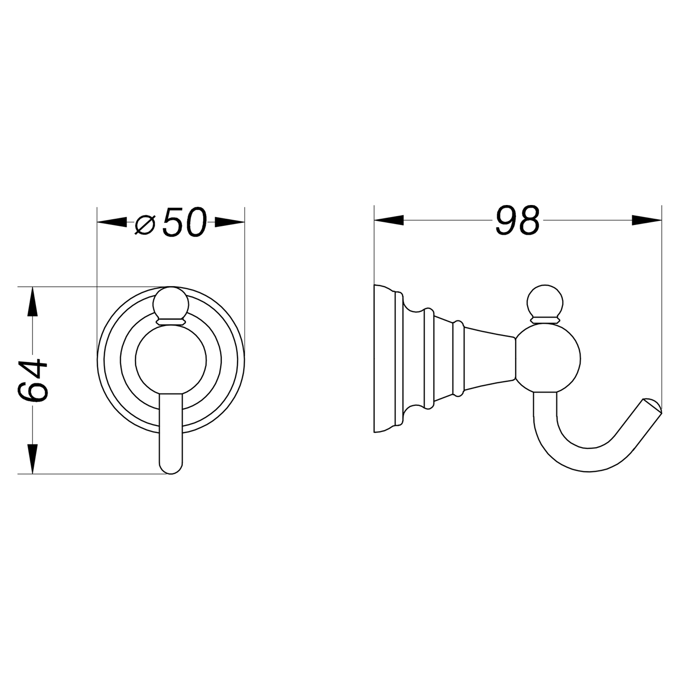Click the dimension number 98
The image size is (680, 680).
coord(517,221)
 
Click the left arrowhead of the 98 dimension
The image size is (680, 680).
coord(389,221)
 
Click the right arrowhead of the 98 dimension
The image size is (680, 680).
coord(647,221)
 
